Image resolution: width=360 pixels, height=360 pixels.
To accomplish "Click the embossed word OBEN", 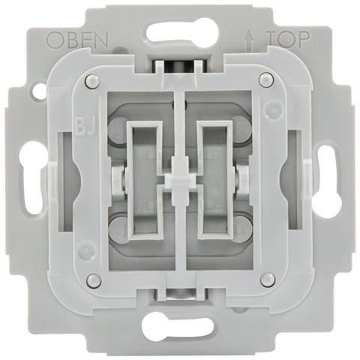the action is (x=78, y=40).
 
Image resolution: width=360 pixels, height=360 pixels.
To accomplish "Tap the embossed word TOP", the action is (x=287, y=40).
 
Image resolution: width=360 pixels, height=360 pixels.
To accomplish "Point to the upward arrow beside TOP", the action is (x=250, y=39).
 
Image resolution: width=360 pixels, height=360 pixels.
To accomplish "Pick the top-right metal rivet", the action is (x=265, y=79).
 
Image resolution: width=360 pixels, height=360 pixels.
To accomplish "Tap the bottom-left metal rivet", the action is (x=93, y=279).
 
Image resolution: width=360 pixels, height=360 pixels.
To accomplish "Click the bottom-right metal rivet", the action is (x=267, y=279).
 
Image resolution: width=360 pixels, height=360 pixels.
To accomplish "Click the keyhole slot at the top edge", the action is (x=182, y=33).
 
